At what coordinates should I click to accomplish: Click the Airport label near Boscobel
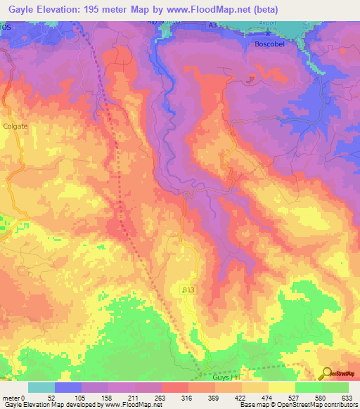click(x=271, y=32)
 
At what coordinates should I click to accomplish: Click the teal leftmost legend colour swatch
click(x=41, y=387)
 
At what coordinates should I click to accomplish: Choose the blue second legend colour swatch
click(x=68, y=387)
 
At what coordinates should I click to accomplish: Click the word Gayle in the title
click(x=18, y=10)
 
